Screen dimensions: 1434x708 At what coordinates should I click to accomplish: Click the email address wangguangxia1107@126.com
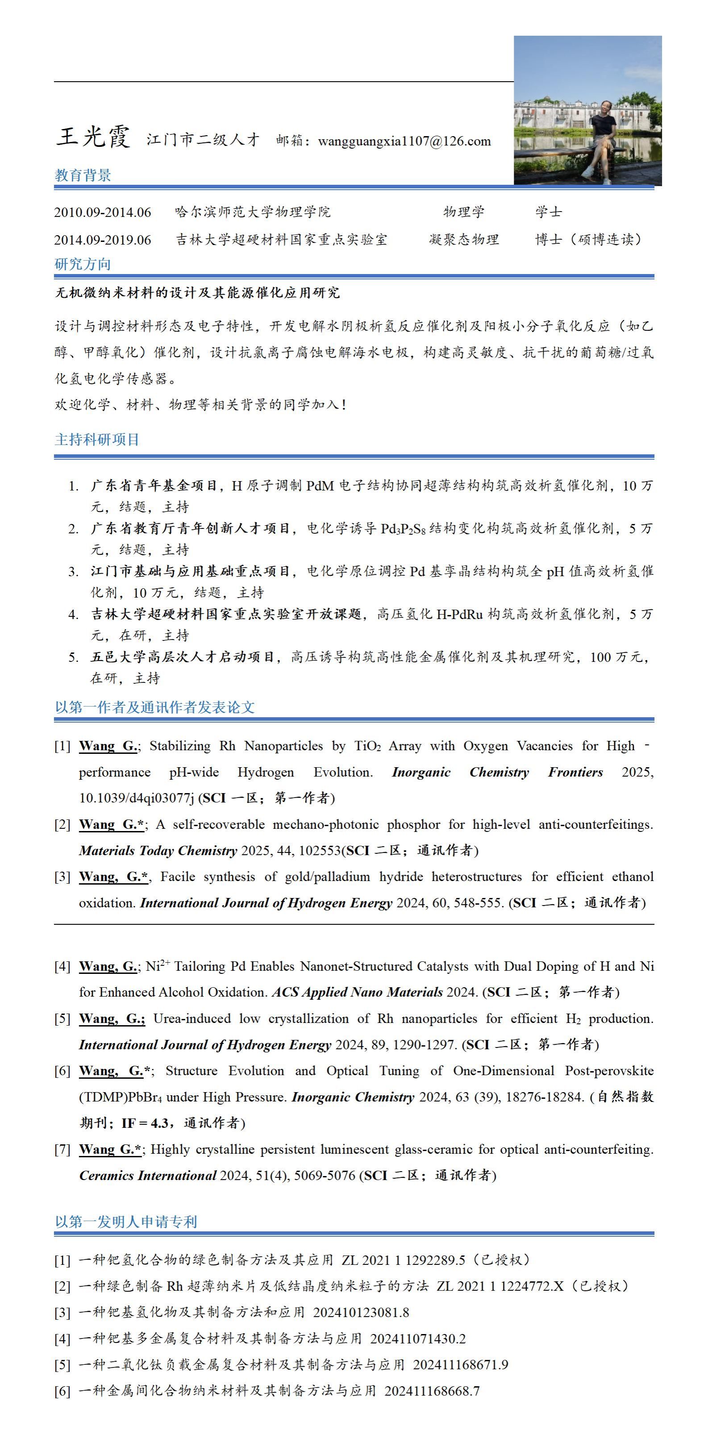[x=404, y=141]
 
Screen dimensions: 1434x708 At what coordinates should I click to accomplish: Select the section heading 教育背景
[x=83, y=175]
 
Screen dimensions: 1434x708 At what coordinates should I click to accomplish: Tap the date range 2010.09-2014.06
[x=102, y=212]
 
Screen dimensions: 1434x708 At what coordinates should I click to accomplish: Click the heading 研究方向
[x=83, y=264]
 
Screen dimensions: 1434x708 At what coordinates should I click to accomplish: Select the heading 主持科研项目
[x=97, y=440]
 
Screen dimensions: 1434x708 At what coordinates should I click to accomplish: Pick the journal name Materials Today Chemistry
[x=158, y=851]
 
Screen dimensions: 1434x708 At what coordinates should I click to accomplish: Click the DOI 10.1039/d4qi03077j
[x=136, y=798]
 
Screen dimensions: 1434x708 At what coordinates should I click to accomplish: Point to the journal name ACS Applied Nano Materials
[x=357, y=992]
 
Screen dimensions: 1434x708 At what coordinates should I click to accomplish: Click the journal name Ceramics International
[x=147, y=1175]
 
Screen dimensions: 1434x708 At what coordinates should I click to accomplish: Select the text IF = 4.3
[x=145, y=1123]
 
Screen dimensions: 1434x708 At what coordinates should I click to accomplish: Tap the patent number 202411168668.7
[x=432, y=1391]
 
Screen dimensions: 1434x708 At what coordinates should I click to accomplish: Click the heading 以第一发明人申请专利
[x=126, y=1222]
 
